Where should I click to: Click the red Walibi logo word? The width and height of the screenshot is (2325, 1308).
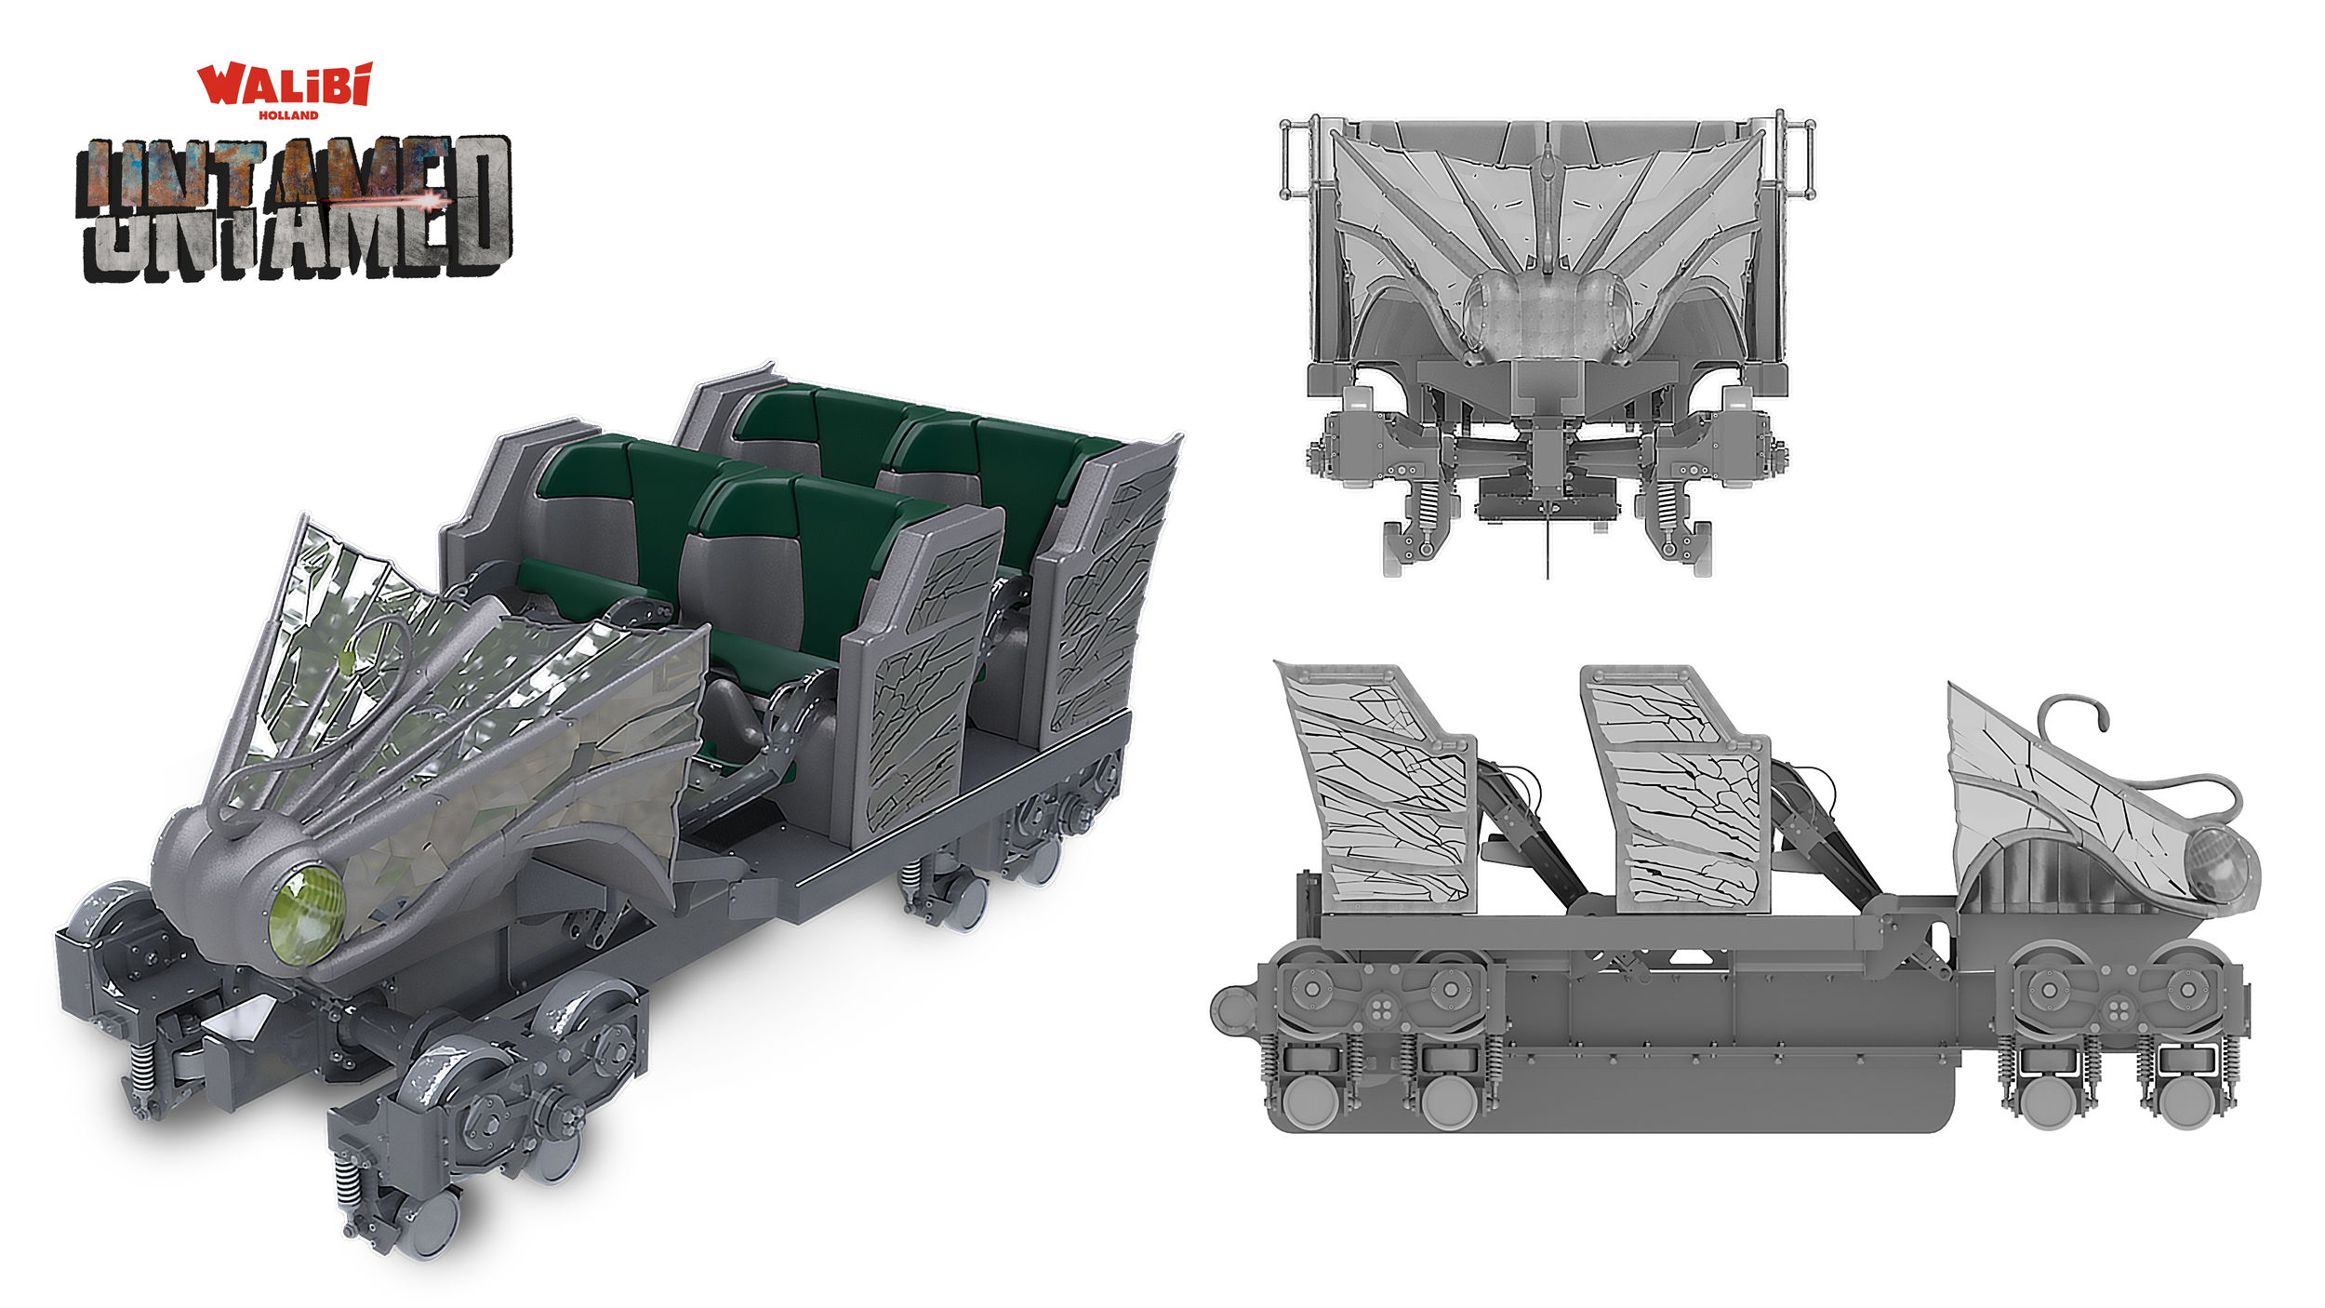285,84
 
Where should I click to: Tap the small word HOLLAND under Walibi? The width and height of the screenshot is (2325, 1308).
288,115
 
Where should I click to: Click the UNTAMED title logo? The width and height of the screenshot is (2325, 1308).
294,207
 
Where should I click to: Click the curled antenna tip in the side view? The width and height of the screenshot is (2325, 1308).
2102,717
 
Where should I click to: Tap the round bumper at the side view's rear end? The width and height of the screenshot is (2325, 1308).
1233,1010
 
